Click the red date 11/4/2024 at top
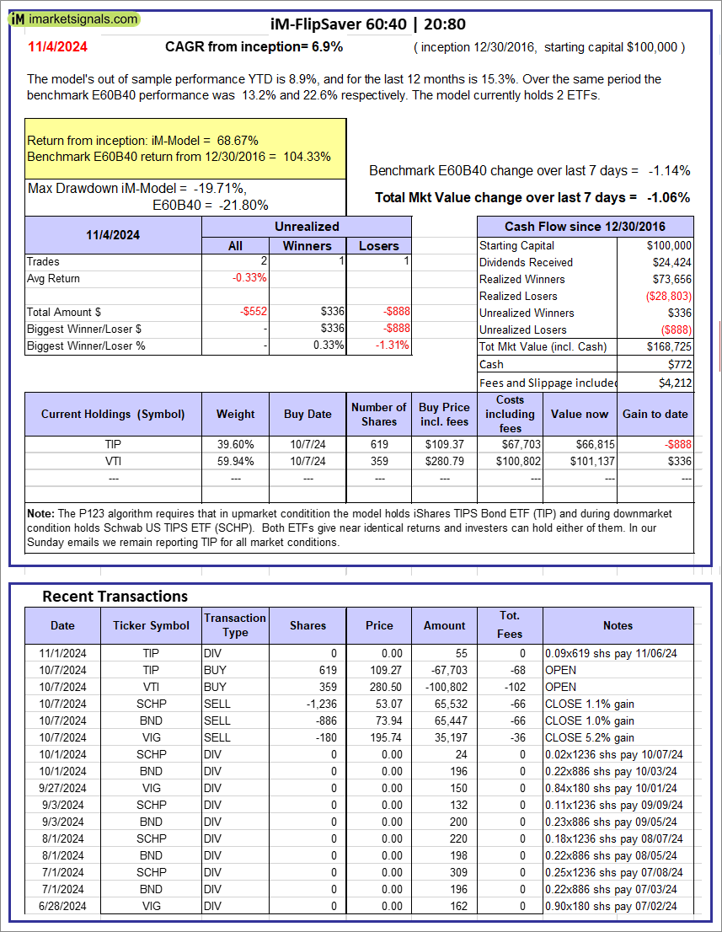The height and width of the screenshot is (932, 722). (56, 47)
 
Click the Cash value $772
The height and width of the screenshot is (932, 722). (680, 364)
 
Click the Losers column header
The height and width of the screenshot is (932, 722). (379, 245)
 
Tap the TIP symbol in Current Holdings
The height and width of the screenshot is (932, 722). (113, 444)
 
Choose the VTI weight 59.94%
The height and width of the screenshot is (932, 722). (235, 461)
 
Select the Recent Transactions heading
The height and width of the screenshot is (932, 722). (115, 597)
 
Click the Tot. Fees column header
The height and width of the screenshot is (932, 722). (510, 625)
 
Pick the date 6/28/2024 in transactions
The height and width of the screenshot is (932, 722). (62, 906)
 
